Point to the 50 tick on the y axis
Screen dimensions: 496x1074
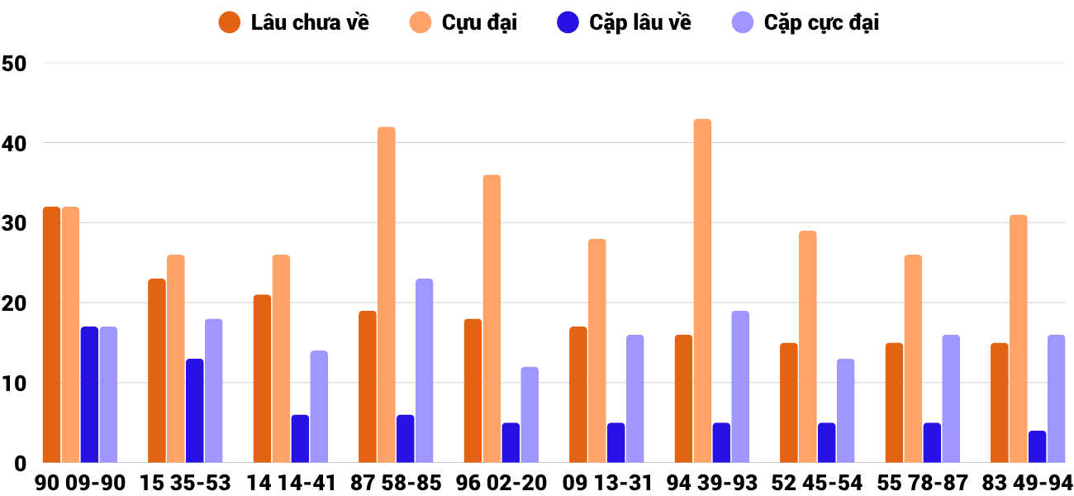pos(15,63)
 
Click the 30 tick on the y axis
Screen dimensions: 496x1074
pos(15,223)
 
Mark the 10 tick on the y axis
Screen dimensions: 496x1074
pos(15,384)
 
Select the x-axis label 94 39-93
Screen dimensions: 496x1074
pos(711,483)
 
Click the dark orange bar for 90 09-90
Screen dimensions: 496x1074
pos(51,335)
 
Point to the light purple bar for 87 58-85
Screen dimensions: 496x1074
pos(425,371)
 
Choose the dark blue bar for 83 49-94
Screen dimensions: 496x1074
pos(1037,447)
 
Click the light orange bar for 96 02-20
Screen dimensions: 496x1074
pos(492,319)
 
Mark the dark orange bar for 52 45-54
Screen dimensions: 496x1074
pos(788,403)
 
